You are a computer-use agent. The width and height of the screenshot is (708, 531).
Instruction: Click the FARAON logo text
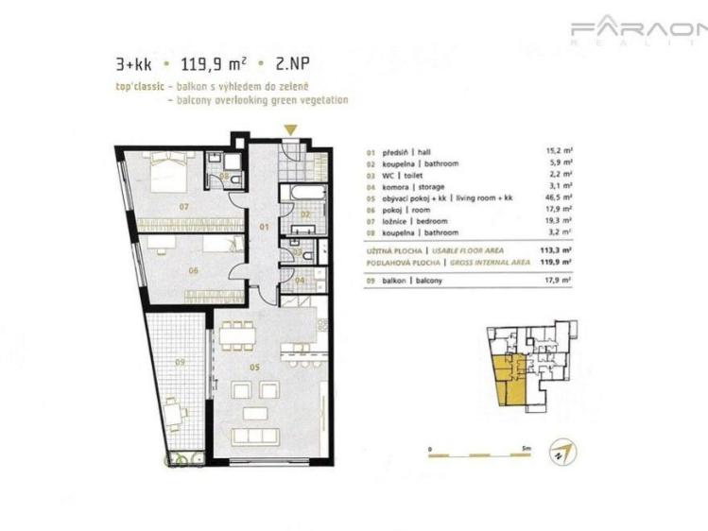(x=638, y=30)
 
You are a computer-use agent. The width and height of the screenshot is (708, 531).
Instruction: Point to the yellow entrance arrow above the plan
(x=291, y=130)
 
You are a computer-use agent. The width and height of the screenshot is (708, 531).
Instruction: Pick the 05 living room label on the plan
(x=253, y=368)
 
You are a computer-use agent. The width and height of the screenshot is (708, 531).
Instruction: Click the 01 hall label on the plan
(x=266, y=227)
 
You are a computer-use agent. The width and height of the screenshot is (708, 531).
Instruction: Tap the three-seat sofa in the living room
(x=255, y=436)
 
